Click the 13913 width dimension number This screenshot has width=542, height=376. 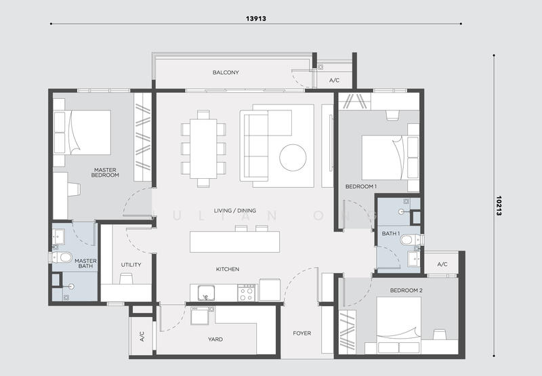(x=256, y=19)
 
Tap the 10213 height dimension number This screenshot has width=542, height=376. (x=499, y=206)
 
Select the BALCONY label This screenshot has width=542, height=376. (x=226, y=72)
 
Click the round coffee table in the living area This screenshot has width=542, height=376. (x=293, y=158)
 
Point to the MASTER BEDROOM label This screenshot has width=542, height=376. (x=105, y=173)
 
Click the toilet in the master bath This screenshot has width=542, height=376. (x=61, y=257)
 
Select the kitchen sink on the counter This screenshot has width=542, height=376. (x=207, y=293)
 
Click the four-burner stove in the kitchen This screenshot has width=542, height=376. (x=247, y=293)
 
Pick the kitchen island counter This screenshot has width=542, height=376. (x=234, y=242)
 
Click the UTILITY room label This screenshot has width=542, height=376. (x=131, y=265)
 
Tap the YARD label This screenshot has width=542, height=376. (x=215, y=339)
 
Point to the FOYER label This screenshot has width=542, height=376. (x=301, y=333)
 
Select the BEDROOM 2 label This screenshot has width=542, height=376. (x=406, y=290)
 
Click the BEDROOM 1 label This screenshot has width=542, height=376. (x=361, y=186)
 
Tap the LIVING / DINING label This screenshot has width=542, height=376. (x=234, y=211)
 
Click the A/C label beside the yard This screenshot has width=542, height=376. (x=142, y=336)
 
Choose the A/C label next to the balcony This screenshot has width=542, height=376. (x=334, y=81)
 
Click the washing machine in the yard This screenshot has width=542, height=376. (x=200, y=316)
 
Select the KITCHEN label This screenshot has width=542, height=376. (x=228, y=269)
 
